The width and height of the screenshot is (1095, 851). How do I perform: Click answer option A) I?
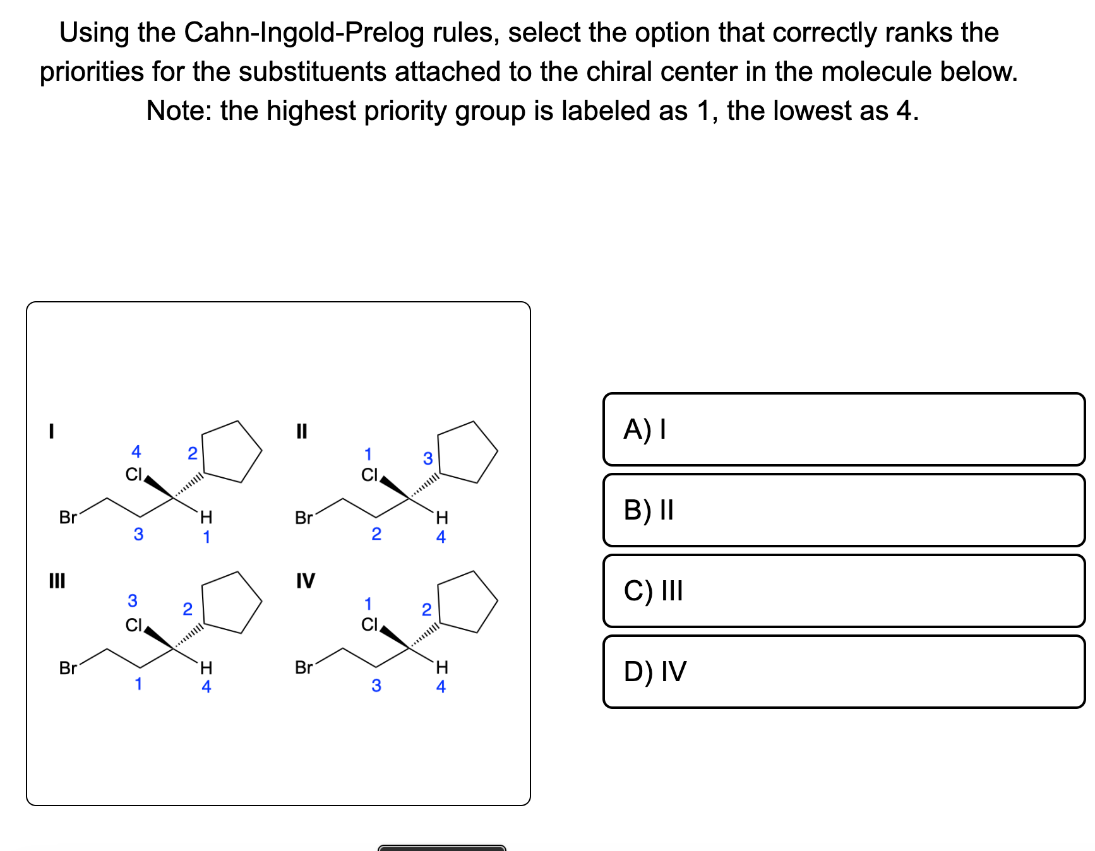(844, 429)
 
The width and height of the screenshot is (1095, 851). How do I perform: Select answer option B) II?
(844, 510)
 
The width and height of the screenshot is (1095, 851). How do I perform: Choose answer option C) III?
(844, 591)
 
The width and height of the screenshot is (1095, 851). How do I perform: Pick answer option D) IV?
(844, 672)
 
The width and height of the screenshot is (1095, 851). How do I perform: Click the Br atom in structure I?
(68, 518)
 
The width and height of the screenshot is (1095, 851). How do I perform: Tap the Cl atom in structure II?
(369, 475)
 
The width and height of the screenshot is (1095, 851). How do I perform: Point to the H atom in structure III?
(206, 667)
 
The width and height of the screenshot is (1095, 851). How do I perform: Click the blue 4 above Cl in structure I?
(136, 451)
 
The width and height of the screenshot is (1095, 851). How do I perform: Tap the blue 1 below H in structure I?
(206, 537)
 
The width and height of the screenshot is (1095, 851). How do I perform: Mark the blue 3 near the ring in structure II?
(428, 458)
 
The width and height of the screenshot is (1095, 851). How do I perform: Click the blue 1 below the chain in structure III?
(138, 684)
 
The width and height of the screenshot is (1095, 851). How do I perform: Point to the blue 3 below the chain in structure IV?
(376, 686)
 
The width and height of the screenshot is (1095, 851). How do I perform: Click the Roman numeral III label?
(57, 580)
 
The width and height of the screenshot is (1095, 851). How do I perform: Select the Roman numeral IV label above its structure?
(305, 580)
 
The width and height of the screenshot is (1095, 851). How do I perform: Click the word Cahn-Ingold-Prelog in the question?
(304, 33)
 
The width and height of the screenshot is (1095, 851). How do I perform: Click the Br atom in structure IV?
(304, 667)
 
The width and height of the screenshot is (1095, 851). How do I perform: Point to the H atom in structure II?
(442, 518)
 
